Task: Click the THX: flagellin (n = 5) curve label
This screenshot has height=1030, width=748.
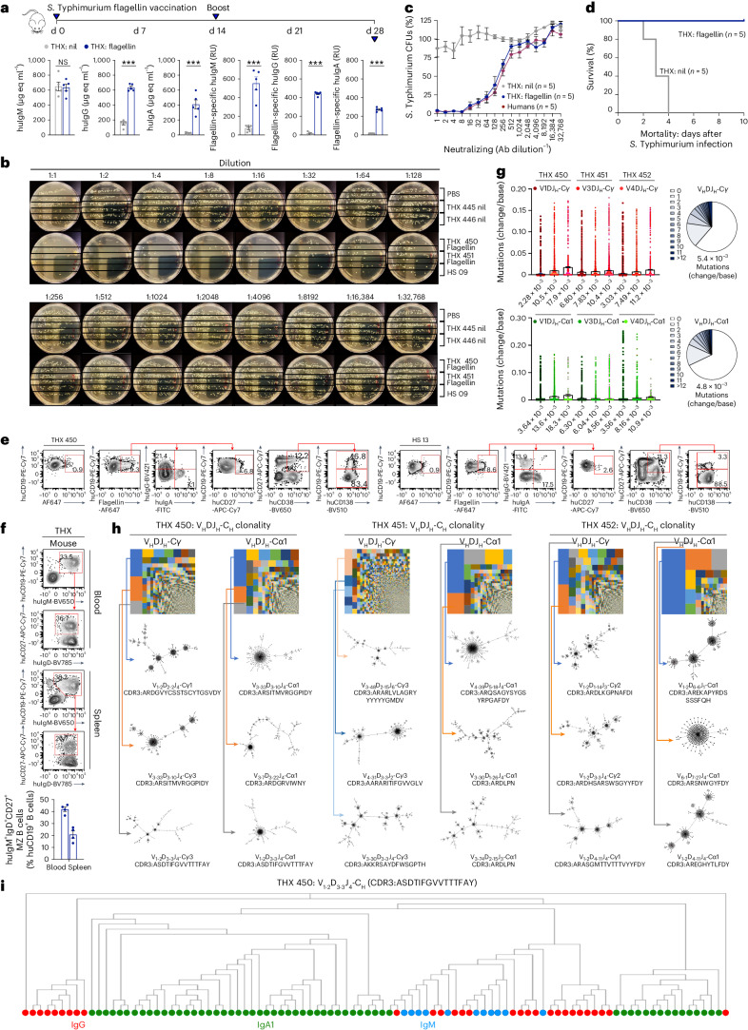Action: pos(683,33)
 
